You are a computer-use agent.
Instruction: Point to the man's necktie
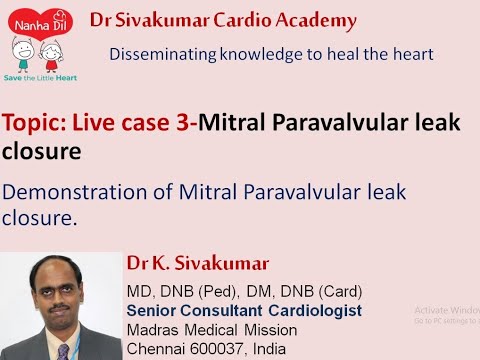(63, 350)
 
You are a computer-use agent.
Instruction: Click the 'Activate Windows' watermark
(445, 312)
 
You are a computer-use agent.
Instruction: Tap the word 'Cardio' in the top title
(223, 19)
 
